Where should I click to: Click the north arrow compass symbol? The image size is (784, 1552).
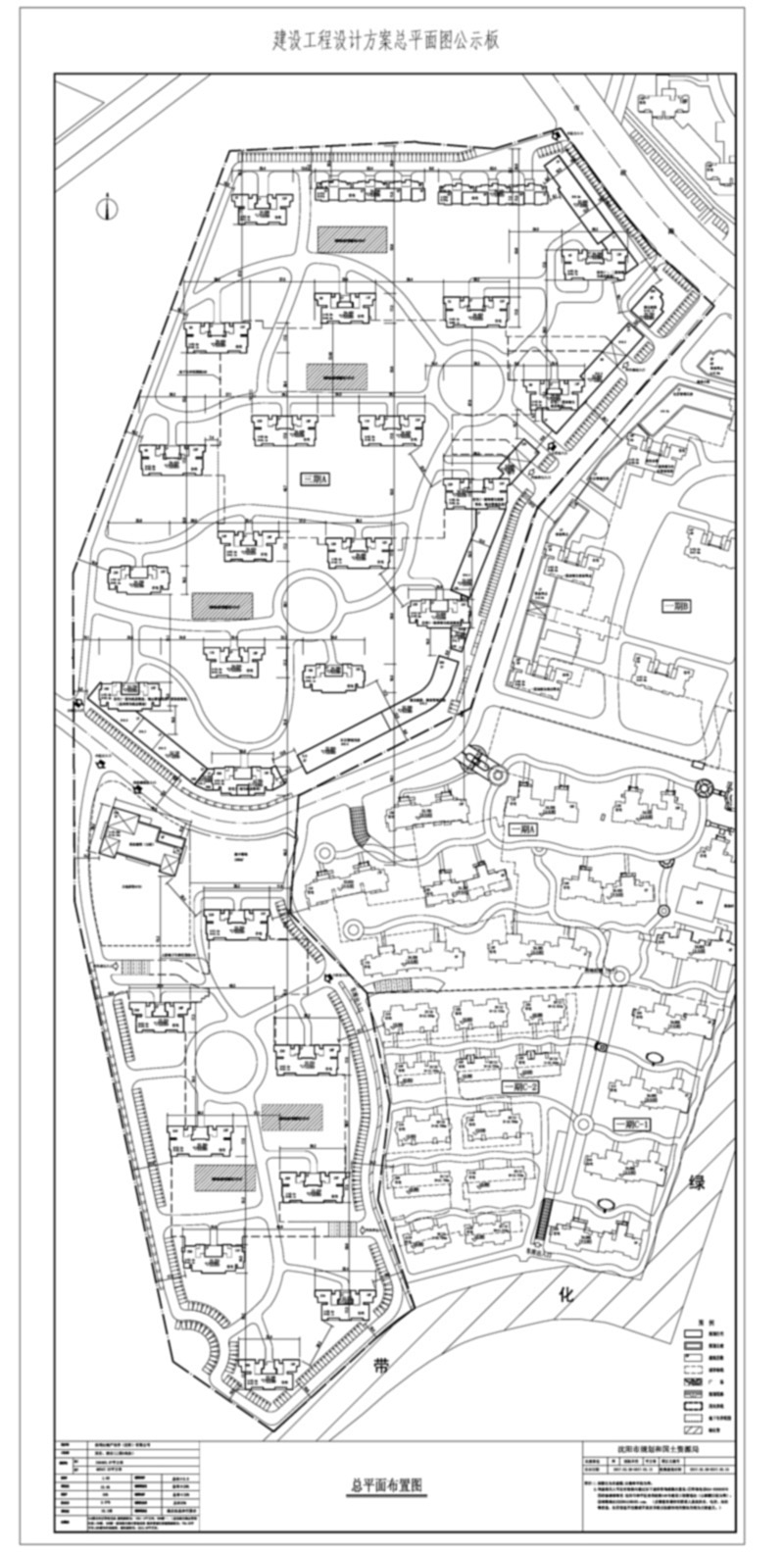pos(107,209)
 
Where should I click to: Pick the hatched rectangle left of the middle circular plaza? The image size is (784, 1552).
pos(222,605)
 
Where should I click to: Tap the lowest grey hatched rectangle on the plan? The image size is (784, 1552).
pos(224,1177)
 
